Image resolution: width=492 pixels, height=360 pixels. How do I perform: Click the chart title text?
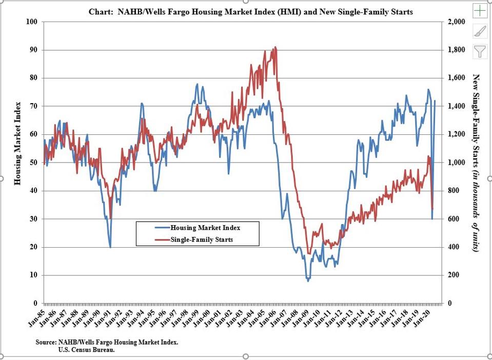coord(251,12)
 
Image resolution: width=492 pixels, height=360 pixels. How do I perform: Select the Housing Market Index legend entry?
coord(205,228)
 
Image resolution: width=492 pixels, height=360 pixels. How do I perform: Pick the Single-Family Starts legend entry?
coord(202,239)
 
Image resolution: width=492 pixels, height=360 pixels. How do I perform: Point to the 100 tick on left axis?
coord(33,22)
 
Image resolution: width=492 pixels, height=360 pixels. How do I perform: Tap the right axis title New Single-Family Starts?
coord(476,162)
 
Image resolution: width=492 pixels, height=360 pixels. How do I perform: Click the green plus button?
coord(480,10)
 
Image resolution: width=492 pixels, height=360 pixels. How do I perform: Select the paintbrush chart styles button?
coord(480,31)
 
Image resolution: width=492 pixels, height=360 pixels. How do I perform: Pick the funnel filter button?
coord(480,51)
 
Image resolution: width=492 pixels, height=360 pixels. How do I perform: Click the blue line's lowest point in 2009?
coord(308,281)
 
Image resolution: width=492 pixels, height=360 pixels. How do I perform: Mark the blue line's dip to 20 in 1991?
coord(110,247)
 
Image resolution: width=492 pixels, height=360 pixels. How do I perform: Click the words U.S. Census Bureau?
coord(87,350)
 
